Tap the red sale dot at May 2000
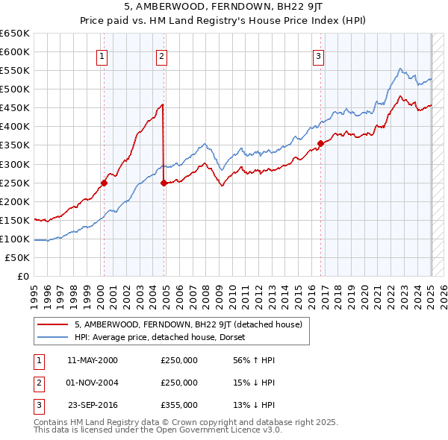[105, 182]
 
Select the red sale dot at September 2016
[320, 143]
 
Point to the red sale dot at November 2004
[164, 182]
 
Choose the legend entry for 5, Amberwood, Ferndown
[187, 324]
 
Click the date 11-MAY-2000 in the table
[93, 360]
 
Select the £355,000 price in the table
[179, 405]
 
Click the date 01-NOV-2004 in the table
[93, 383]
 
